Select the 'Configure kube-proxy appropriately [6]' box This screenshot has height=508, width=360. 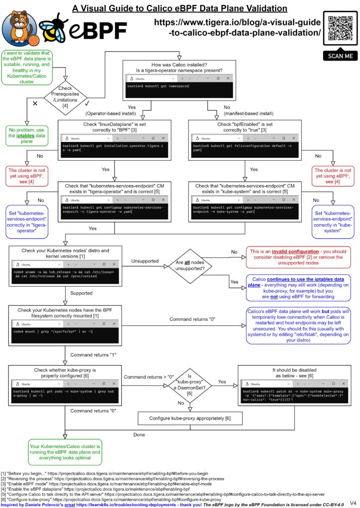[190, 418]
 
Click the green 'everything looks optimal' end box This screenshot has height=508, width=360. [65, 452]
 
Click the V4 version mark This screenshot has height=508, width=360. [353, 503]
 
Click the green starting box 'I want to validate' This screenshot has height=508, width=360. [27, 67]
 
